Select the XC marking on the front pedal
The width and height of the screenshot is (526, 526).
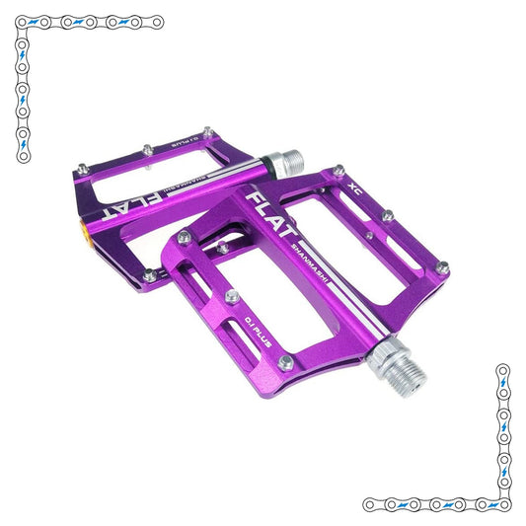point(355,184)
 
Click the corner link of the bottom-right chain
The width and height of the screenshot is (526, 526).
point(503,503)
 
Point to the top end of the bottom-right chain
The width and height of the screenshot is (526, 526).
point(503,371)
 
